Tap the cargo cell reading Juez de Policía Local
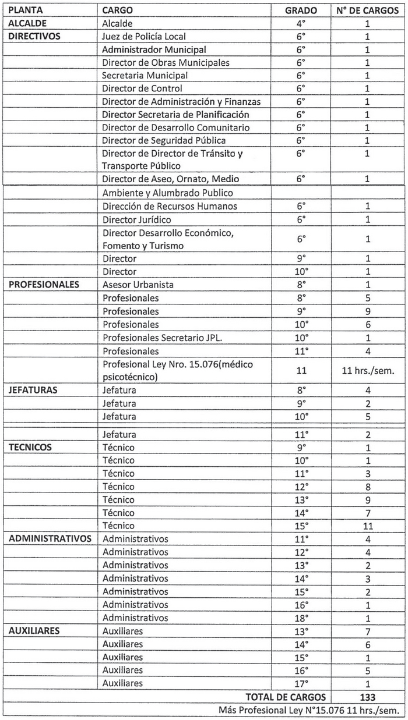(x=143, y=37)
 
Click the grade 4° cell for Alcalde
(x=301, y=24)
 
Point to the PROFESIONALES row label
(x=44, y=285)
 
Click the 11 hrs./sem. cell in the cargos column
(x=367, y=371)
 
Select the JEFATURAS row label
(x=33, y=390)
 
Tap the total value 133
(x=367, y=697)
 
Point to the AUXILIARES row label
(x=34, y=630)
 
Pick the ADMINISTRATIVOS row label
(x=50, y=538)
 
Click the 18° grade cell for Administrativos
(x=301, y=618)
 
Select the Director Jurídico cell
(x=136, y=219)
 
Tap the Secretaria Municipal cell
(x=145, y=76)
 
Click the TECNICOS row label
(x=30, y=447)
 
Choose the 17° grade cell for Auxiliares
(x=301, y=683)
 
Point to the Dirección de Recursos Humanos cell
(x=169, y=206)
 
